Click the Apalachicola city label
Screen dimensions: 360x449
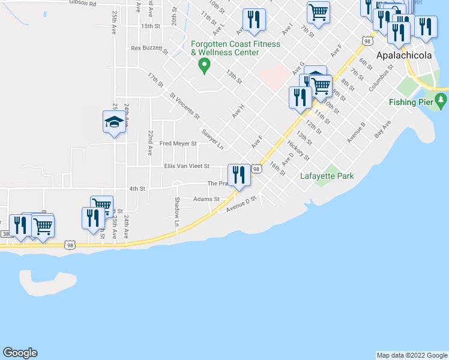point(403,56)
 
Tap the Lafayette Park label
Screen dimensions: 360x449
point(327,176)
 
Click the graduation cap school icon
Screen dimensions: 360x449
point(113,122)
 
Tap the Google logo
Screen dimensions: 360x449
point(20,353)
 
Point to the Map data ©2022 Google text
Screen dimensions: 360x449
point(411,355)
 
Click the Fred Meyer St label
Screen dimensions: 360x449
point(178,144)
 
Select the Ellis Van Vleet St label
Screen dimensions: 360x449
point(187,166)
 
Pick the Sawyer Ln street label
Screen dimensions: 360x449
point(212,139)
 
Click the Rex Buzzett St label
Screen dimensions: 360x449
point(149,49)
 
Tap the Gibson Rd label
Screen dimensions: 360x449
point(83,3)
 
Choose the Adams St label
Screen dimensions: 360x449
point(206,199)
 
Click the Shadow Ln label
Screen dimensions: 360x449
point(177,212)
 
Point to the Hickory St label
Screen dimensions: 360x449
point(298,151)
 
